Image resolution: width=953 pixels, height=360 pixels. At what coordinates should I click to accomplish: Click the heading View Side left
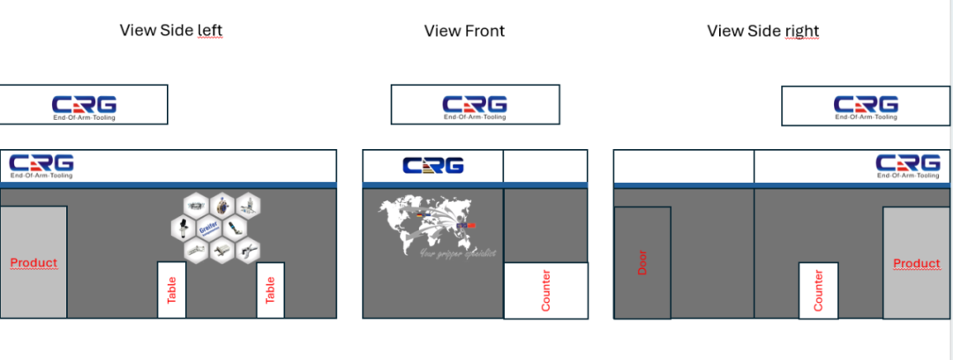(x=171, y=31)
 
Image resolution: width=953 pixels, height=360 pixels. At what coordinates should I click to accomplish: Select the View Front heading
(x=464, y=32)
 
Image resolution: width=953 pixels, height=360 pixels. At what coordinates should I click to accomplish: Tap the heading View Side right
(x=762, y=32)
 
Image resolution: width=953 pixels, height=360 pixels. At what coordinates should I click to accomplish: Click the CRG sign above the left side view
(x=84, y=105)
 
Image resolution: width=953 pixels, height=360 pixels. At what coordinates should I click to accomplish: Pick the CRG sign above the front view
(x=475, y=105)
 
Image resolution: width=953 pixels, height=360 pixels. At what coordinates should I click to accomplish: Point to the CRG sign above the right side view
(x=866, y=105)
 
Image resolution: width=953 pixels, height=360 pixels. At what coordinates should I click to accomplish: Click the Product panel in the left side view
(x=34, y=262)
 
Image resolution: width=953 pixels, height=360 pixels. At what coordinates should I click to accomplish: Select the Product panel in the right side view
(x=917, y=263)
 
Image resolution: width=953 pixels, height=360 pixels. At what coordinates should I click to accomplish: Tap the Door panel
(x=642, y=262)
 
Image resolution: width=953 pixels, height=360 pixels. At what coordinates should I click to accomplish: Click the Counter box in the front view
(x=545, y=290)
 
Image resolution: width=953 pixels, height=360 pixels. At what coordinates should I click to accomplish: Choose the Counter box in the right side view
(x=818, y=290)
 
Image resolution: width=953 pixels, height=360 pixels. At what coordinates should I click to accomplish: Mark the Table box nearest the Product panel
(x=172, y=289)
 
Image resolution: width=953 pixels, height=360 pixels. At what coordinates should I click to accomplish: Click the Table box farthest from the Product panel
(x=271, y=289)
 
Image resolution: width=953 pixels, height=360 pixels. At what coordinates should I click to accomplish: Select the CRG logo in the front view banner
(x=432, y=166)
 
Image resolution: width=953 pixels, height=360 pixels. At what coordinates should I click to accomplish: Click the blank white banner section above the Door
(x=684, y=166)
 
